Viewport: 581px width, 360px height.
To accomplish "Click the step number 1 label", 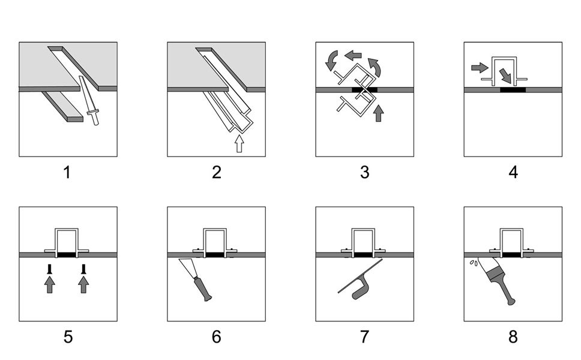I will pos(67,173).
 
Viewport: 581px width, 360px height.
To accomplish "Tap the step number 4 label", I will pos(513,173).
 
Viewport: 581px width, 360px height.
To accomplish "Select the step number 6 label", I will pos(216,337).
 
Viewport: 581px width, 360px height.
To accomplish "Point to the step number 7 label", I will pos(364,337).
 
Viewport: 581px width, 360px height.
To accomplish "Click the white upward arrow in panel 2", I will pos(239,143).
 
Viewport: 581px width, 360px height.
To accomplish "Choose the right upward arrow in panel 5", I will pos(83,283).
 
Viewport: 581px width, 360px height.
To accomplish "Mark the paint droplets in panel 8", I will pos(475,262).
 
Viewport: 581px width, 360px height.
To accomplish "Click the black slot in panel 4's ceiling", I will pos(513,90).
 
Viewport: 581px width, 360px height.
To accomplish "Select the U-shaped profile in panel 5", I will pos(67,240).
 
